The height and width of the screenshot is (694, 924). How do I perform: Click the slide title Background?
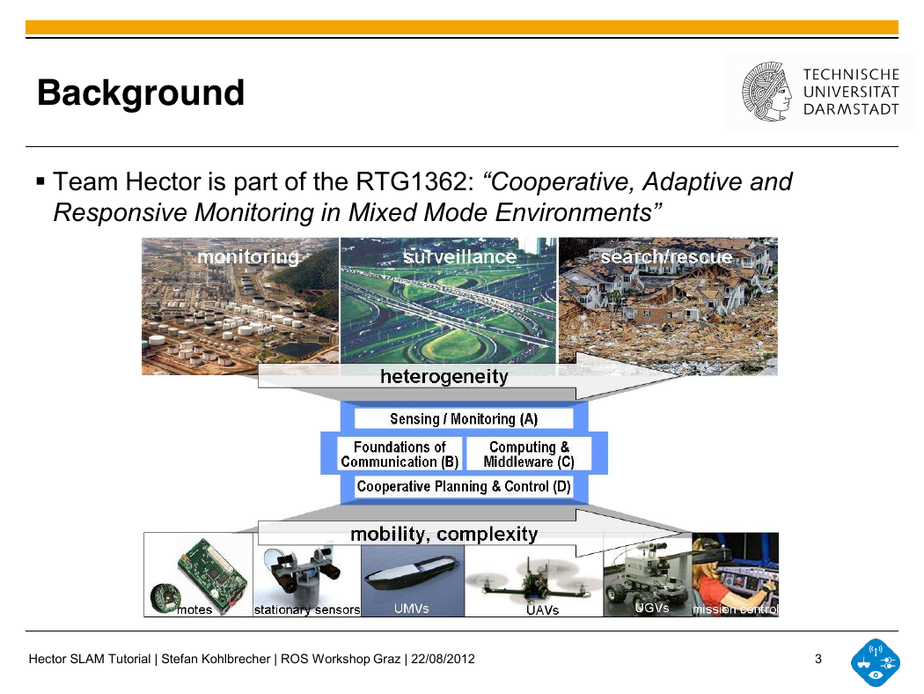coord(140,93)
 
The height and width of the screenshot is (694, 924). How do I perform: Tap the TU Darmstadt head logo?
coord(766,92)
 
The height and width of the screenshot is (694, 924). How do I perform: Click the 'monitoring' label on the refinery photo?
coord(248,257)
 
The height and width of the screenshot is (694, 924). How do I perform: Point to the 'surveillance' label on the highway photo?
coord(459,257)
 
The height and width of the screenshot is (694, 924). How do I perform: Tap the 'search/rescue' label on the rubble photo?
coord(666,257)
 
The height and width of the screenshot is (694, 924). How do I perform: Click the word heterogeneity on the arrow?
coord(444,376)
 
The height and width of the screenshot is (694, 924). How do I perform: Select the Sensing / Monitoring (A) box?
coord(464,418)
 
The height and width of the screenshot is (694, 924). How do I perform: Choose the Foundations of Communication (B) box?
coord(400,454)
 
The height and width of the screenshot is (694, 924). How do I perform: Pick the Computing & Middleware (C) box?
coord(529,454)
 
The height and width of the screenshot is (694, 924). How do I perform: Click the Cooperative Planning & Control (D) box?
coord(464,486)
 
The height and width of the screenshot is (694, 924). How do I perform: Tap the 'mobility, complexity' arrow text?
coord(444,535)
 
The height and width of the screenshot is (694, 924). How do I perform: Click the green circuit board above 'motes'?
coord(212,575)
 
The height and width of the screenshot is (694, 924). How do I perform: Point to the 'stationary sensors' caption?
coord(307,609)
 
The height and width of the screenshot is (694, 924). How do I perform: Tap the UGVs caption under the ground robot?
coord(652,608)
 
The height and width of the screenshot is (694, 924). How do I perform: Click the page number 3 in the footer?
coord(818,659)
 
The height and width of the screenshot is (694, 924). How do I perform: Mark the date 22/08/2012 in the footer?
coord(444,659)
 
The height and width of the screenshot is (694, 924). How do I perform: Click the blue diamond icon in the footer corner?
coord(876,663)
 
